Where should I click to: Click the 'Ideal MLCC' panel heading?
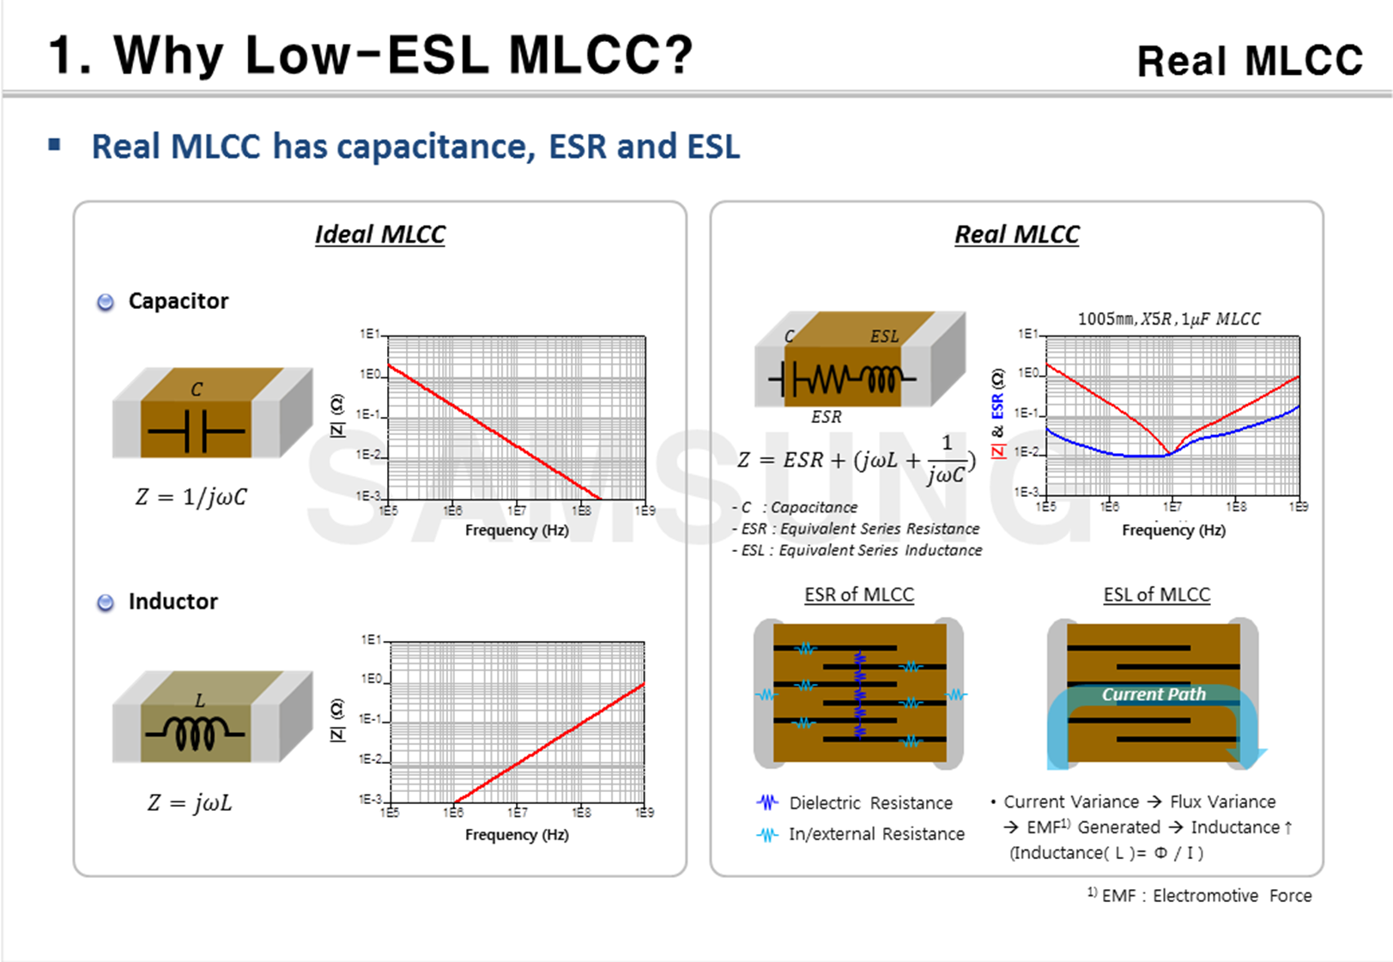tap(379, 234)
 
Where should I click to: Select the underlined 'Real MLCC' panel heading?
tap(1016, 234)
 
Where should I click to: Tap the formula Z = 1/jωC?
tap(191, 497)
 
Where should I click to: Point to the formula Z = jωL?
tap(190, 802)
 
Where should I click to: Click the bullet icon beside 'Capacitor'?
tap(106, 302)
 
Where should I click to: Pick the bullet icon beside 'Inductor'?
tap(106, 602)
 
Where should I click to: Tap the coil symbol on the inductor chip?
tap(196, 733)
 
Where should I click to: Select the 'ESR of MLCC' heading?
tap(859, 595)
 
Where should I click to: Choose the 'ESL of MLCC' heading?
tap(1156, 595)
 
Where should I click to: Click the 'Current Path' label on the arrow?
tap(1154, 694)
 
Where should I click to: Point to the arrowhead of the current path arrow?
tap(1247, 757)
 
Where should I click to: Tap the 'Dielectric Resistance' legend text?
tap(870, 803)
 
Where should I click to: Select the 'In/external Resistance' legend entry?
tap(876, 834)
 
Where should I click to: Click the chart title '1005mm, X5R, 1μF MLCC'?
tap(1169, 319)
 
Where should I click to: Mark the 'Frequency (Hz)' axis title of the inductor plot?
tap(517, 834)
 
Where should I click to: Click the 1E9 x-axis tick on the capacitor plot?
tap(645, 511)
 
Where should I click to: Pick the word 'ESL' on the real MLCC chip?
tap(884, 336)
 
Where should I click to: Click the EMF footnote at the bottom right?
tap(1201, 896)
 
